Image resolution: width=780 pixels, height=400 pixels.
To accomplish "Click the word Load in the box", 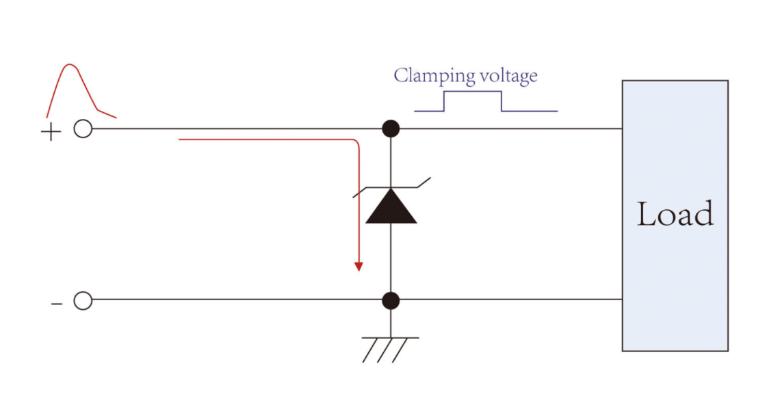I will [x=675, y=214].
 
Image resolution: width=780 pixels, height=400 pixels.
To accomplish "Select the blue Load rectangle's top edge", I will [x=675, y=81].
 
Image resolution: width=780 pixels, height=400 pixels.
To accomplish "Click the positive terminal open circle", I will [x=83, y=129].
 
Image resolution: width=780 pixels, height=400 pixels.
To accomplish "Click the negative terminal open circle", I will [x=83, y=300].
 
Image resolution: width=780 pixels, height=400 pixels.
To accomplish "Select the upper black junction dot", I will [x=391, y=128].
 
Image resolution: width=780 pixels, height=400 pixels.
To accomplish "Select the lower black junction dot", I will [x=391, y=300].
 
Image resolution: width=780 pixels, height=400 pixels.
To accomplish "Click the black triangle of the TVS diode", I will [x=391, y=209].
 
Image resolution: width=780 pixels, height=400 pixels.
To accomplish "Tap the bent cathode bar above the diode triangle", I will [x=391, y=187].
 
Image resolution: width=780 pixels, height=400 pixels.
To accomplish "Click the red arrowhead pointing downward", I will [x=357, y=266].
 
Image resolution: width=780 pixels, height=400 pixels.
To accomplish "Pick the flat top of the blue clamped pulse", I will [x=473, y=92].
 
